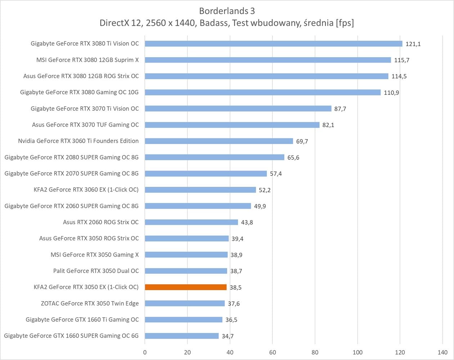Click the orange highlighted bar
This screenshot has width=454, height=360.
coord(186,287)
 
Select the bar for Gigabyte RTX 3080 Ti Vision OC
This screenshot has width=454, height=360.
coord(274,44)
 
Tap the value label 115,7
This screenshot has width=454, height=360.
coord(401,60)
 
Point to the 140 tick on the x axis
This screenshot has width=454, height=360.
coord(442,352)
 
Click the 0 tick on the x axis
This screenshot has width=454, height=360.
coord(145,352)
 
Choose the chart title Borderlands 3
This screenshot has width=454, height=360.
coord(227,11)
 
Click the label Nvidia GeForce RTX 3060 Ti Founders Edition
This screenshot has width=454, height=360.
coord(78,141)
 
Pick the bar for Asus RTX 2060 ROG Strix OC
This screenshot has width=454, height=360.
coord(192,222)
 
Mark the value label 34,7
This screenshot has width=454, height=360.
coord(228,336)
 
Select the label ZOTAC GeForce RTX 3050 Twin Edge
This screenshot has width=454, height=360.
coord(90,303)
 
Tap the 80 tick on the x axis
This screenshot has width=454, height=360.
coord(315,352)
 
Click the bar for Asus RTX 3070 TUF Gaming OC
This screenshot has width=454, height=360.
coord(232,125)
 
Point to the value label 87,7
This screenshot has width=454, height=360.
coord(340,109)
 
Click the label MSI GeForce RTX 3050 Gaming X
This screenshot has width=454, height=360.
coord(94,255)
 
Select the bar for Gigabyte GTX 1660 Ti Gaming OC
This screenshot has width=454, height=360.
coord(184,320)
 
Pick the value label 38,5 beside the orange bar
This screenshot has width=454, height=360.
coord(235,288)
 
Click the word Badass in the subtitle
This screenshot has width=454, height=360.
coord(214,23)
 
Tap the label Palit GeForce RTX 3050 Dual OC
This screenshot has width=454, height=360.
coord(96,271)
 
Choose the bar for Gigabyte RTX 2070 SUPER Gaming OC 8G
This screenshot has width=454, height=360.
coord(206,174)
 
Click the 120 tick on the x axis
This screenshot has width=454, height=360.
coord(400,352)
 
